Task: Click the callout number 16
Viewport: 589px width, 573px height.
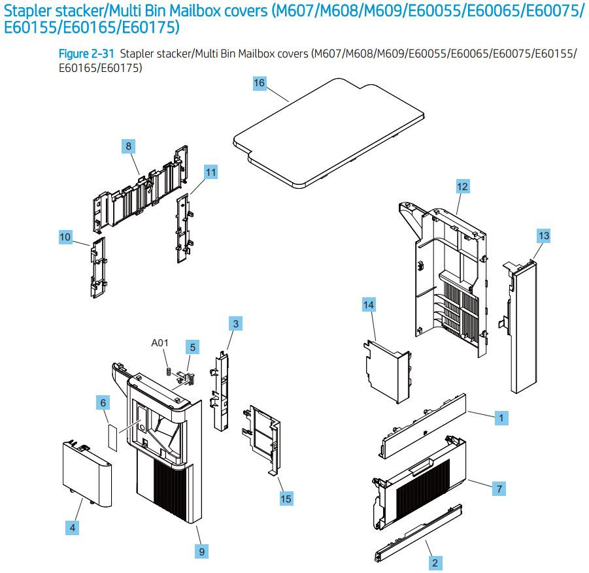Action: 260,83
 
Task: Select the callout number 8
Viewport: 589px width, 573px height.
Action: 129,146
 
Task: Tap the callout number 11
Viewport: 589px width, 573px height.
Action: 210,172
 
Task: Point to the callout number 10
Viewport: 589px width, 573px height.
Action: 65,238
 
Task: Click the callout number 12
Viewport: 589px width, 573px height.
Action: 462,187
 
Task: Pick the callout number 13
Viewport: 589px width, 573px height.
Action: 544,234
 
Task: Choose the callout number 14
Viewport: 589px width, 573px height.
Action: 369,304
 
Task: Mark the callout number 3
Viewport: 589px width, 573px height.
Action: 235,323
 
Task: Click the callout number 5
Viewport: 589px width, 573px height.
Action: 192,346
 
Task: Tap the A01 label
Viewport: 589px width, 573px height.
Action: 160,343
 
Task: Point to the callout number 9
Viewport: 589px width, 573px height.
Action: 202,552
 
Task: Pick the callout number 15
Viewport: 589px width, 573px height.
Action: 286,499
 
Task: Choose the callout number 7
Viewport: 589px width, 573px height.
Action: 499,488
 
